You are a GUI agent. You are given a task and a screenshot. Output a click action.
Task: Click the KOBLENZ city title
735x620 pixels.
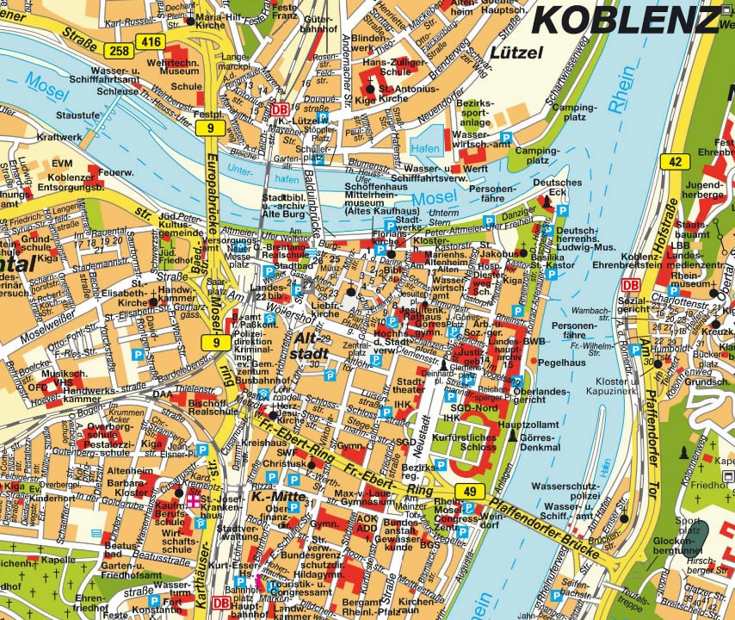click(x=627, y=18)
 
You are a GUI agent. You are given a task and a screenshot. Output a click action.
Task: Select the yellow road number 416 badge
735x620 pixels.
click(x=151, y=40)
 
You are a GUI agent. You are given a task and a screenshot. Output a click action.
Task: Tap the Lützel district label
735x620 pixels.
click(x=516, y=53)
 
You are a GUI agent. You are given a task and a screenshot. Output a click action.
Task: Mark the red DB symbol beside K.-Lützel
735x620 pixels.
click(x=279, y=109)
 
